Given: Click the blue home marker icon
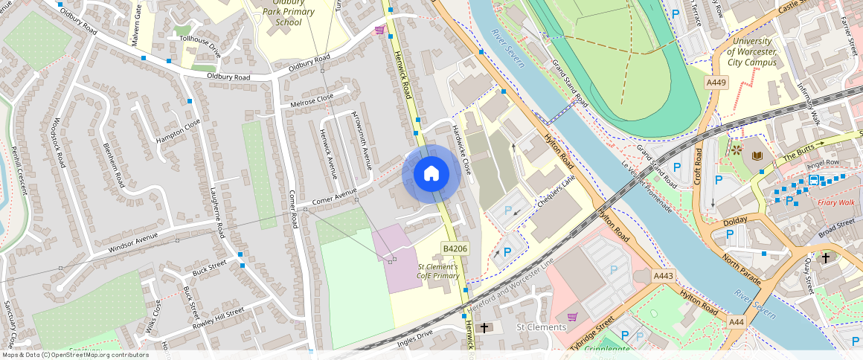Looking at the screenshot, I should (431, 174).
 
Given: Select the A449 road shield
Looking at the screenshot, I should (716, 83).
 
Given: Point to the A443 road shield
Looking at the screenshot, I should (663, 276).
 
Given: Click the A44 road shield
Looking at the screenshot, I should (736, 321).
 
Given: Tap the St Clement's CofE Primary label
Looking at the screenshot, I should (438, 271).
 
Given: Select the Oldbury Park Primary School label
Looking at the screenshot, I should (289, 12).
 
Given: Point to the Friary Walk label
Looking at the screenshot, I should (836, 202).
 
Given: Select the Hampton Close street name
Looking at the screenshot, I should (178, 132).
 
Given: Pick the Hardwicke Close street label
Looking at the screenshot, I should (462, 149).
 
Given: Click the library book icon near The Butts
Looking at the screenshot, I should (757, 155).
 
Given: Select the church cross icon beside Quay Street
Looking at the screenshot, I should (825, 258).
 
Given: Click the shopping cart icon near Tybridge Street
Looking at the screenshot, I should (572, 317).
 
